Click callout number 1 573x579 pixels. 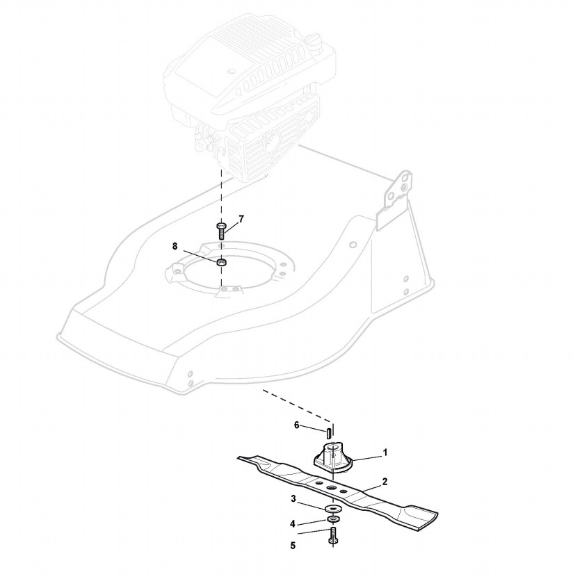[x=385, y=452]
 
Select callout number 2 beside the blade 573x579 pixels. [x=385, y=481]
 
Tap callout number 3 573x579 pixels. [x=294, y=498]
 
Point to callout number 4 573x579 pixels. [x=293, y=523]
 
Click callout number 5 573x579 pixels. [x=293, y=546]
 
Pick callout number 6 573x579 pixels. [x=297, y=425]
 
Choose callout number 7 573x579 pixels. [x=241, y=219]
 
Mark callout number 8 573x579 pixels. [x=175, y=245]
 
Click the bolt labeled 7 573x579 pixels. [x=221, y=231]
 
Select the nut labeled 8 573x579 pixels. [x=222, y=263]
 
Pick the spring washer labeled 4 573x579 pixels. [x=332, y=520]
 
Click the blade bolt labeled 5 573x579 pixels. [x=333, y=536]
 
